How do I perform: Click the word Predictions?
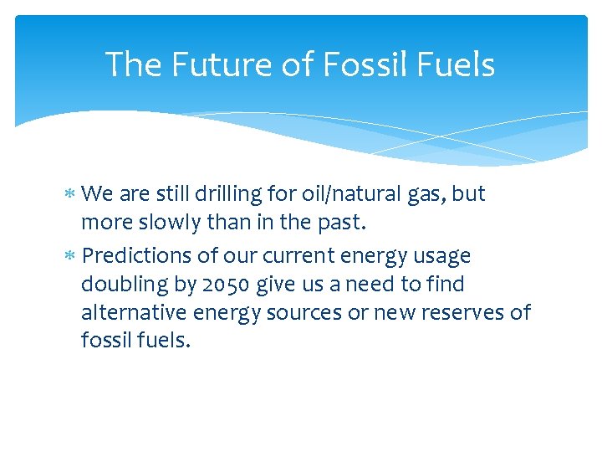tap(139, 256)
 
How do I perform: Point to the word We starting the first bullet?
tap(99, 194)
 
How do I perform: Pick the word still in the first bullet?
tap(171, 194)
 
